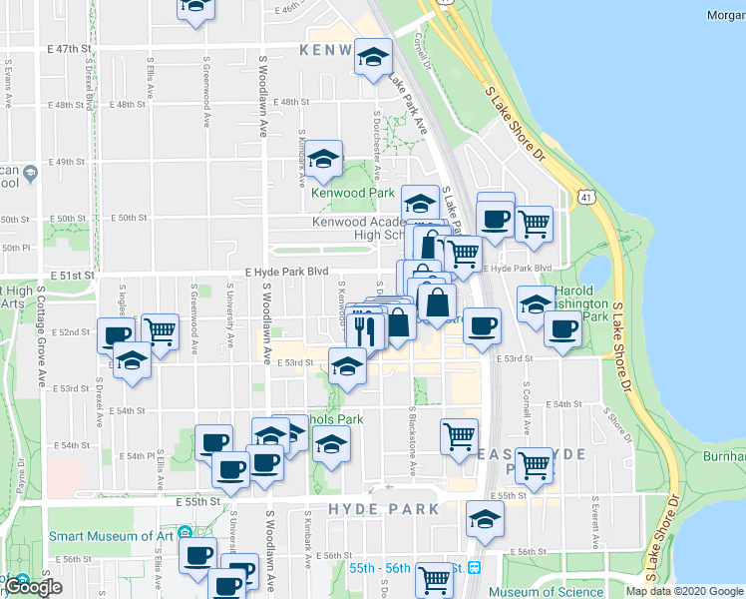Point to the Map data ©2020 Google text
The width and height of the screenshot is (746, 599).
[x=683, y=591]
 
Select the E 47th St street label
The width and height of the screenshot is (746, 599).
[x=68, y=48]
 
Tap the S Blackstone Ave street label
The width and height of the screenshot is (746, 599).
[x=412, y=439]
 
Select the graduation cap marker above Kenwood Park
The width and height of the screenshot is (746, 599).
[x=323, y=159]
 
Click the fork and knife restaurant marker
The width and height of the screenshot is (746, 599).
[x=366, y=329]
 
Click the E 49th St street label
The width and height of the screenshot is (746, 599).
[x=68, y=161]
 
